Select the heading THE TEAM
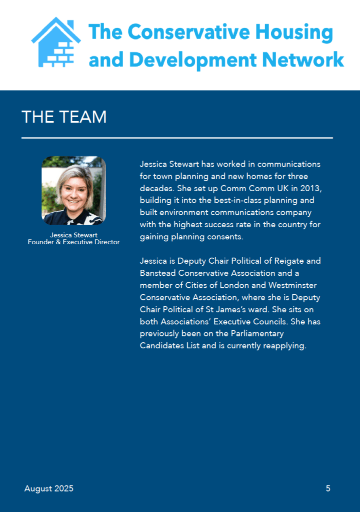pyautogui.click(x=64, y=117)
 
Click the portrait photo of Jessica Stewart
pyautogui.click(x=73, y=191)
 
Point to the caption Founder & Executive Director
pyautogui.click(x=73, y=242)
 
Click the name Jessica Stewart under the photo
pyautogui.click(x=73, y=235)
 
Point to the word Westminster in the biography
pyautogui.click(x=293, y=285)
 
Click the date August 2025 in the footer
pyautogui.click(x=49, y=488)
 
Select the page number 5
pyautogui.click(x=328, y=488)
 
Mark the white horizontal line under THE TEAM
pyautogui.click(x=177, y=138)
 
